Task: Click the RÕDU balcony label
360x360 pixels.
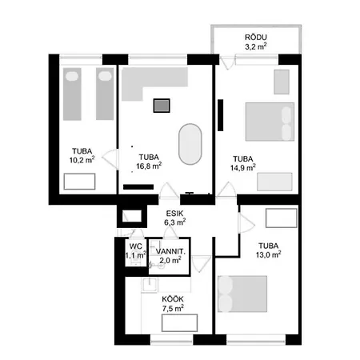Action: click(x=256, y=38)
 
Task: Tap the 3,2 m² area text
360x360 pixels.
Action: click(x=256, y=47)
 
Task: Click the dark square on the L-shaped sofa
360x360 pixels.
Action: click(x=162, y=105)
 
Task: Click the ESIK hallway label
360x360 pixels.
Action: click(x=175, y=213)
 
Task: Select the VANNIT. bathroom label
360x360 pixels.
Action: click(x=171, y=251)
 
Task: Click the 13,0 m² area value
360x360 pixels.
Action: click(x=268, y=256)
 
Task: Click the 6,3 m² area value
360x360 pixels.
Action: click(x=175, y=222)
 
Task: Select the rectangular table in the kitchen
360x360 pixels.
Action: click(x=180, y=322)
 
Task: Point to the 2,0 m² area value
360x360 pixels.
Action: click(x=171, y=261)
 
